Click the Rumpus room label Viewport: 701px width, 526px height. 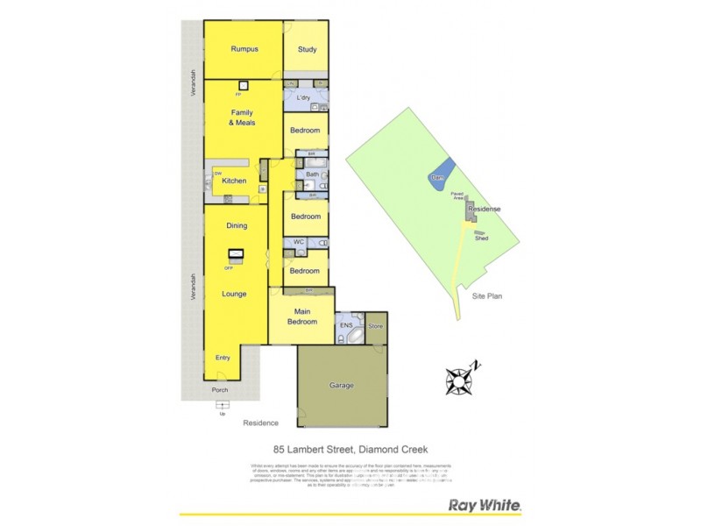coord(243,49)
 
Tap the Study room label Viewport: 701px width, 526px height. coord(307,50)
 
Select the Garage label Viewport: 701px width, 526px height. coord(342,385)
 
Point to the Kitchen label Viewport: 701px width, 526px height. coord(234,181)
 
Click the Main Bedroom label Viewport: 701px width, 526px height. coord(301,316)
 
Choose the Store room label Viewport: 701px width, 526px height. coord(376,326)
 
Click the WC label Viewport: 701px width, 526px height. coord(299,242)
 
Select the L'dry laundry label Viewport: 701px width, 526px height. coord(304,97)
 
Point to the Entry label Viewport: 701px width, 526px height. coord(222,358)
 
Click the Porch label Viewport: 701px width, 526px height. coord(219,390)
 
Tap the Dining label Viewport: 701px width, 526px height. coord(237,226)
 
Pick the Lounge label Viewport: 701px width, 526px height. coord(234,294)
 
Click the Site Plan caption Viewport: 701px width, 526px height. coord(486,296)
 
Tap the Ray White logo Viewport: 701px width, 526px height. coord(485,505)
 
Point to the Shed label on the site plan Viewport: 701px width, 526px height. coord(481,238)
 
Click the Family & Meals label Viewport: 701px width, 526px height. coord(242,118)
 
